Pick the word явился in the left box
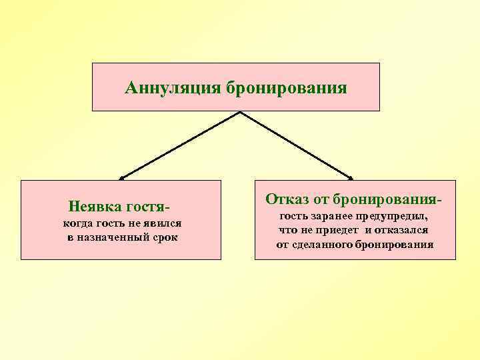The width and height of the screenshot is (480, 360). pos(165,224)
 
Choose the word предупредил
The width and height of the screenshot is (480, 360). pos(395,217)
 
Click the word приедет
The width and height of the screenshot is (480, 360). pos(337,230)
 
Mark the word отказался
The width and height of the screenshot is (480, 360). pos(402,230)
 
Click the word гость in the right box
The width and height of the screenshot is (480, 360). pos(293,217)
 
